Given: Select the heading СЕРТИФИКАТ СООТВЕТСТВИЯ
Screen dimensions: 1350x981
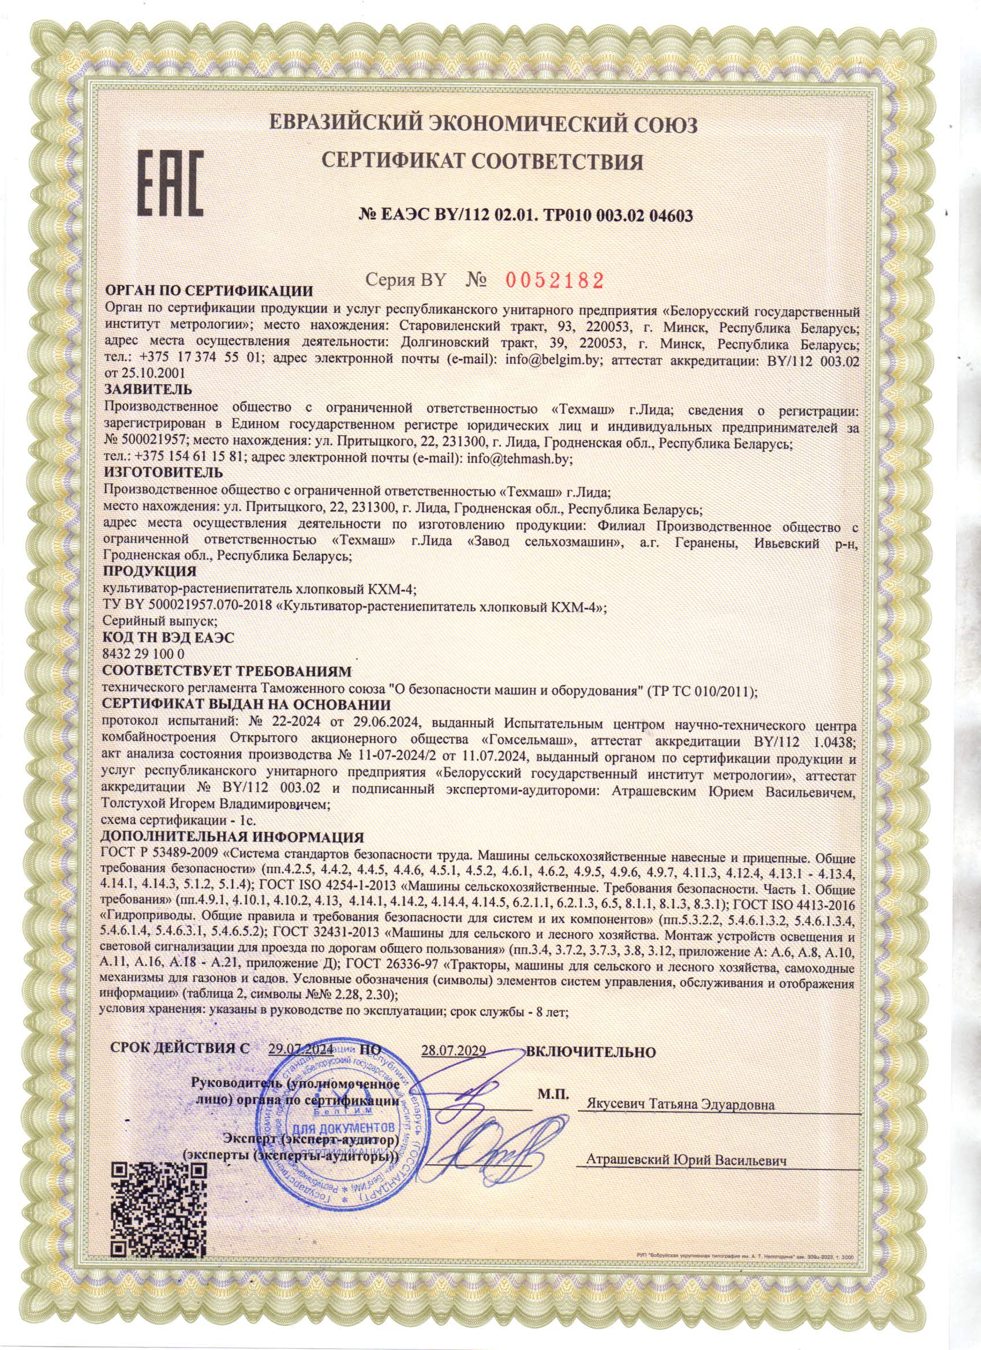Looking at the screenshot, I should pyautogui.click(x=482, y=161).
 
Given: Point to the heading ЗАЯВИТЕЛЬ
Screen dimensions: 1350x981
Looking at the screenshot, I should pyautogui.click(x=148, y=390).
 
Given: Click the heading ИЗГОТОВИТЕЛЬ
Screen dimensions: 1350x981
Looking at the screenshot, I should pyautogui.click(x=164, y=472).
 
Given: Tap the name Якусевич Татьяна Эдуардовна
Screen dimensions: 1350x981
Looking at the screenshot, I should pyautogui.click(x=680, y=1105).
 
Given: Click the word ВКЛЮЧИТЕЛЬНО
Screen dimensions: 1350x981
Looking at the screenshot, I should pyautogui.click(x=590, y=1052).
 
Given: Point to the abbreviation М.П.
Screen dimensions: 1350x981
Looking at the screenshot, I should pyautogui.click(x=553, y=1094).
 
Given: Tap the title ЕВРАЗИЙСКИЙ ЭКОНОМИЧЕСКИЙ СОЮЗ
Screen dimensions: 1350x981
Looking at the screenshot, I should pyautogui.click(x=482, y=125).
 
